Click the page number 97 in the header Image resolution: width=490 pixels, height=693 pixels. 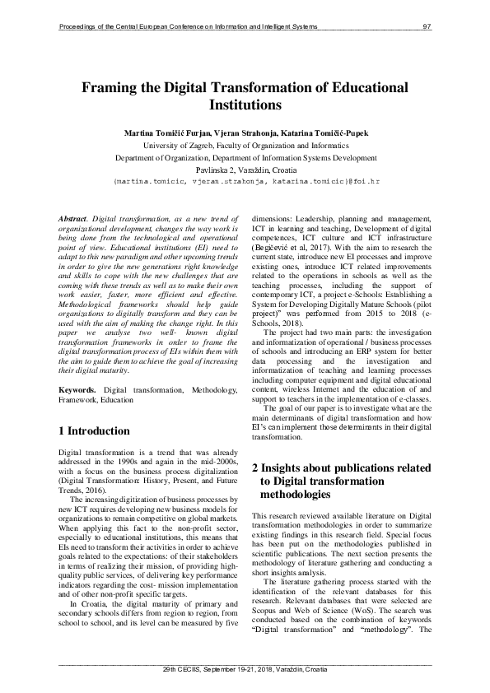[x=427, y=27]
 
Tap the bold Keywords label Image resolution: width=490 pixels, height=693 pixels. [x=80, y=388]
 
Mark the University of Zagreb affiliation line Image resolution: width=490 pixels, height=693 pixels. [x=245, y=143]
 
